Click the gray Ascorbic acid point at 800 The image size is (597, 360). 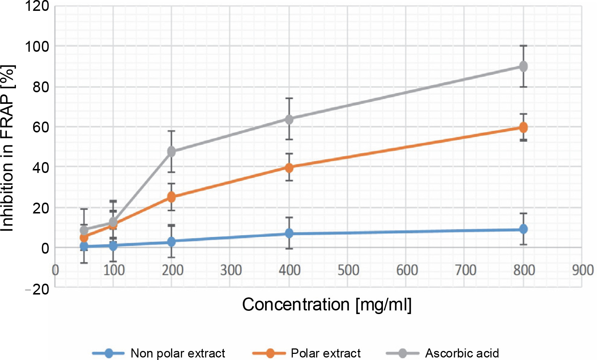tap(523, 67)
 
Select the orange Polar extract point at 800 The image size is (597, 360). tap(523, 127)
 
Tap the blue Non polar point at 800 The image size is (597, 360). tap(523, 229)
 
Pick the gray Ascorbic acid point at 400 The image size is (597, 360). tap(289, 119)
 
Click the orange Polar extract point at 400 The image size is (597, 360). tap(289, 168)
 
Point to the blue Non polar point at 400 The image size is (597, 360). tap(289, 233)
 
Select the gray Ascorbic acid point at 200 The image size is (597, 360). tap(171, 152)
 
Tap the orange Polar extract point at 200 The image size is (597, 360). tap(171, 197)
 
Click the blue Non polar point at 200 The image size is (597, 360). tap(171, 242)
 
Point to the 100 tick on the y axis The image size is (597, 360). tap(37, 47)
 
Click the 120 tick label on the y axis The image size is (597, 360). tap(37, 6)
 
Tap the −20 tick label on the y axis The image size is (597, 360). tap(37, 289)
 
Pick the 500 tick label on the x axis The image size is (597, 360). tap(348, 270)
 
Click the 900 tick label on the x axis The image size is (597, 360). tap(582, 270)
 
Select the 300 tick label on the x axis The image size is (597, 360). tap(231, 270)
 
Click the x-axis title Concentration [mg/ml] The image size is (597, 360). tap(327, 305)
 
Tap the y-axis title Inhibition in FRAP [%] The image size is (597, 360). tap(7, 148)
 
